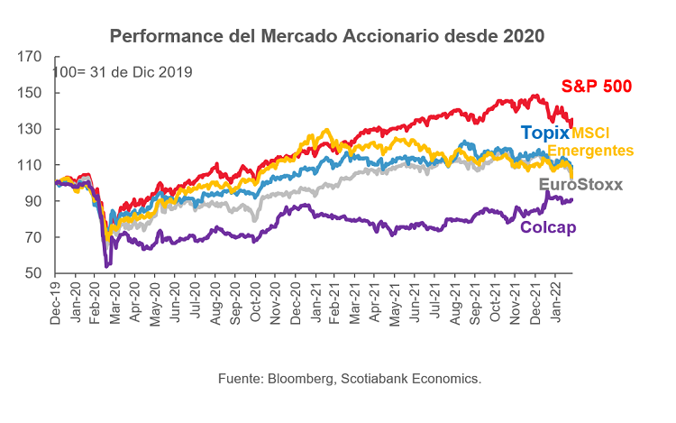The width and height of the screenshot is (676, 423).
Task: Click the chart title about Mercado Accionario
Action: click(x=327, y=37)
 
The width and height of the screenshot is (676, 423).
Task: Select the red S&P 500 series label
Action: click(x=596, y=87)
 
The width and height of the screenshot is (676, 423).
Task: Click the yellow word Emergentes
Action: click(x=590, y=150)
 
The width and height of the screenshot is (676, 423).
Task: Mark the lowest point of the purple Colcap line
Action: click(x=107, y=266)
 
